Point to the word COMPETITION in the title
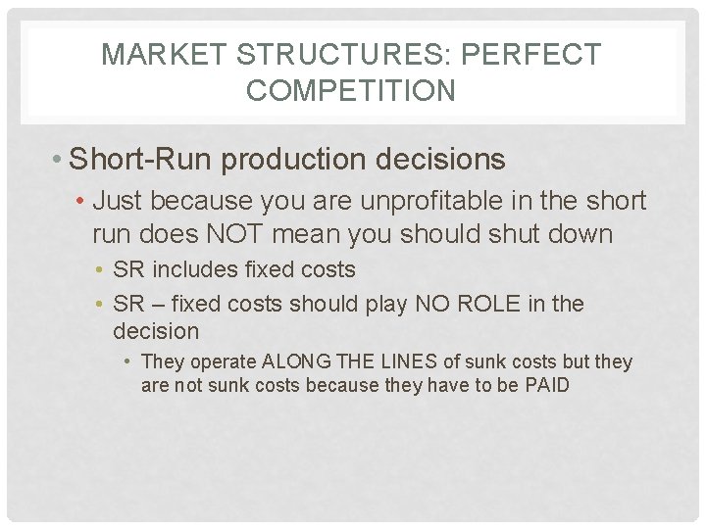[351, 91]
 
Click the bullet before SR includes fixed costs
[103, 269]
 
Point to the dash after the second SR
[159, 304]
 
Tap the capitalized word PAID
[545, 385]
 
